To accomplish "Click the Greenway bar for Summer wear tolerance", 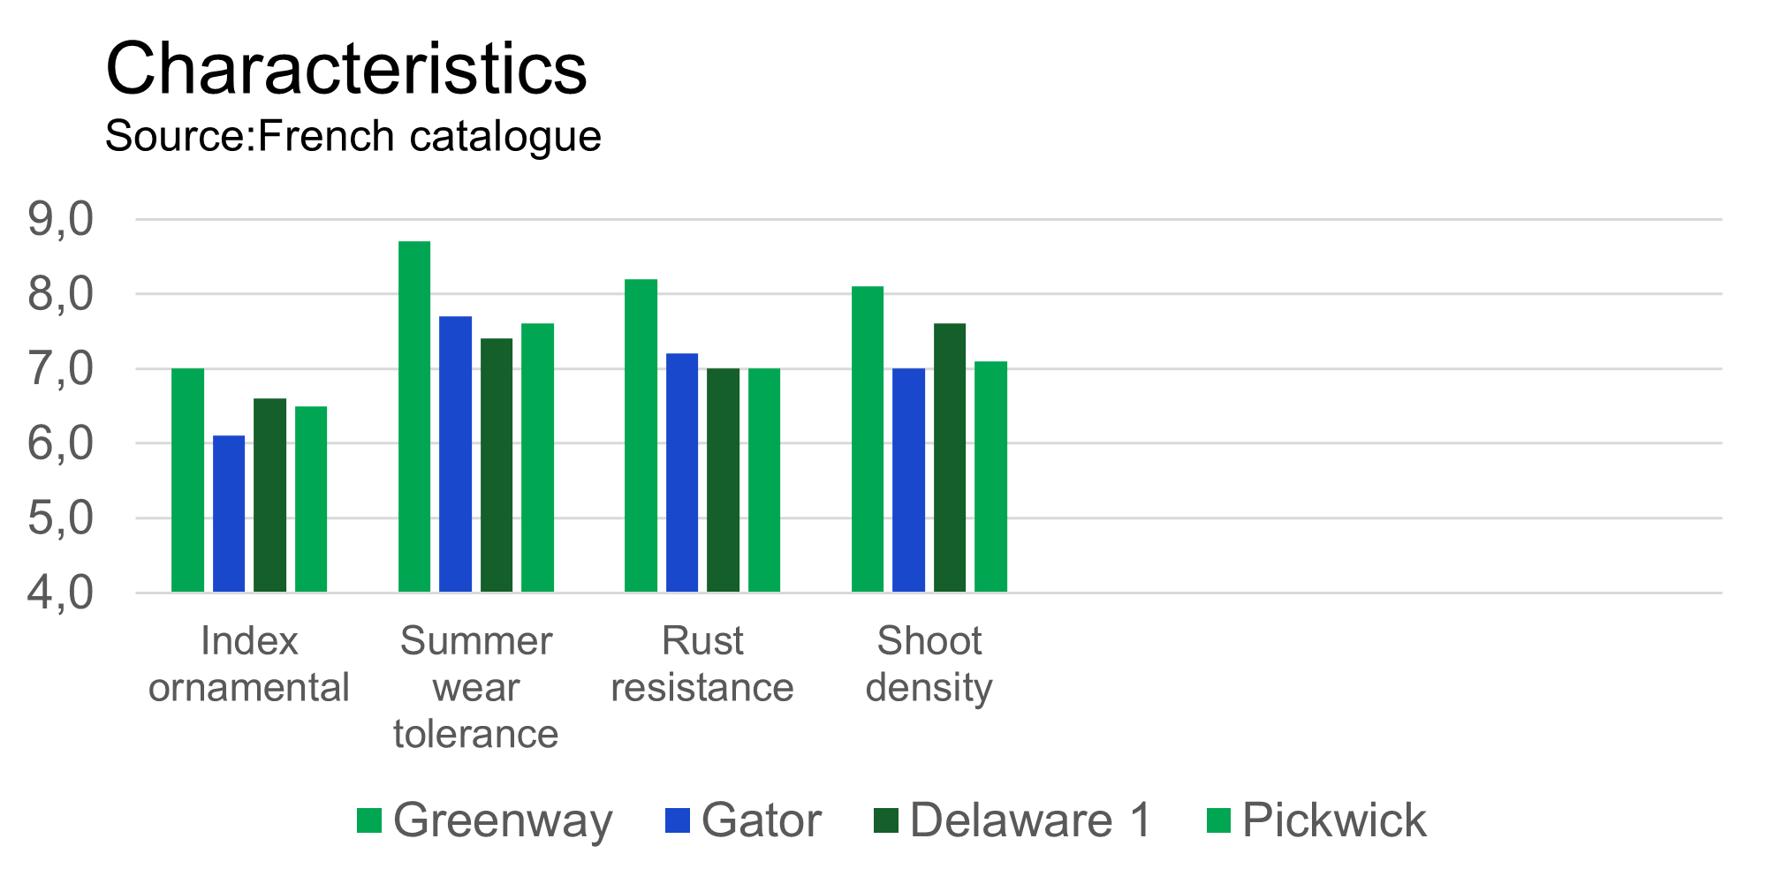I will [x=414, y=416].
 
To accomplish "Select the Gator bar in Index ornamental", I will [x=229, y=513].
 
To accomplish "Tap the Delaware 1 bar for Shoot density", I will [x=950, y=457].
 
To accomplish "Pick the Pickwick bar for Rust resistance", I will [x=764, y=480].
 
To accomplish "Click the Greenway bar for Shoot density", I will [x=868, y=439].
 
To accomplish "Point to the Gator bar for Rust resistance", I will [x=682, y=472].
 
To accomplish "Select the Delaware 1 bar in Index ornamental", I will [x=270, y=495].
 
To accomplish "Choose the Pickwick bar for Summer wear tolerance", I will [x=538, y=457].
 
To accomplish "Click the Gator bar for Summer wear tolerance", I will [x=456, y=454].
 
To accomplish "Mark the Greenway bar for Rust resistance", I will [x=641, y=435].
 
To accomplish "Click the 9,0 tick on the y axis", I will [x=60, y=219].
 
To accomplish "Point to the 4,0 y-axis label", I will [x=60, y=593].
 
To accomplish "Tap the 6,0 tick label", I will [x=60, y=443].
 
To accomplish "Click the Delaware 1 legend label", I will [x=1030, y=820].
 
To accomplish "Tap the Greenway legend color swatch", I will [x=369, y=820].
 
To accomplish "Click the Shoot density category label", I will [x=929, y=664].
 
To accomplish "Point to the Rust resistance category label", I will [x=702, y=664].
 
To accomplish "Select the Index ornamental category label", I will [x=249, y=664].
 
